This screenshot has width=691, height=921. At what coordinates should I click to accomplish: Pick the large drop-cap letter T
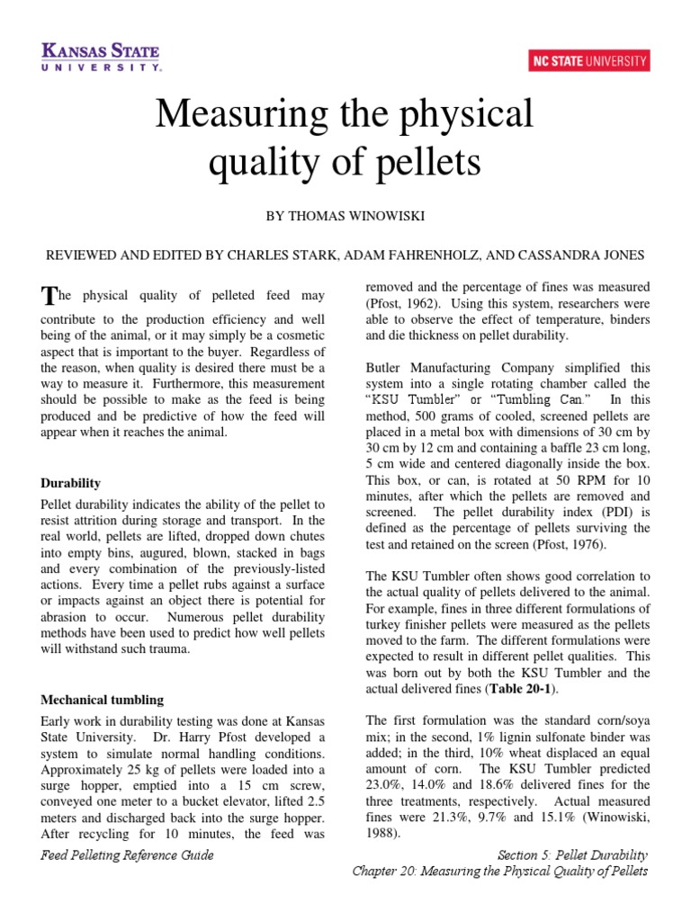[x=48, y=297]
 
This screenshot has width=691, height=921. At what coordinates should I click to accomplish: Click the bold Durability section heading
[x=71, y=483]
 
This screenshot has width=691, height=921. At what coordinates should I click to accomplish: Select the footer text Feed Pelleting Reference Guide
[x=128, y=855]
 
